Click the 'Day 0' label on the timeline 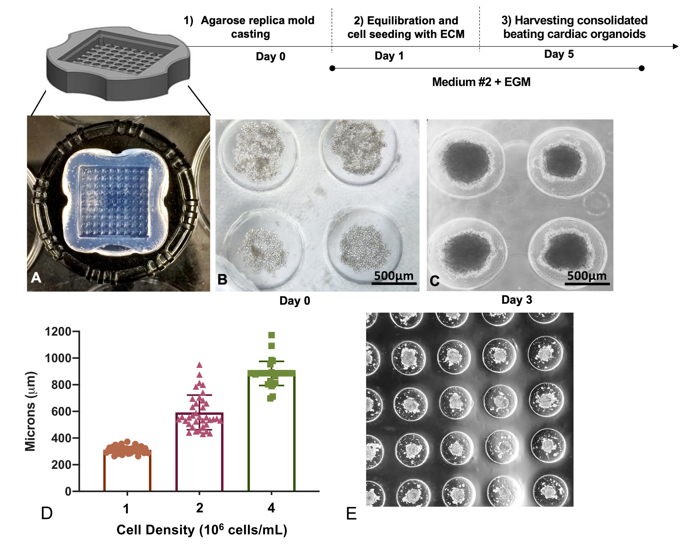[x=270, y=56]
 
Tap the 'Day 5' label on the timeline [x=559, y=54]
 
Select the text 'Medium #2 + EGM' [x=481, y=82]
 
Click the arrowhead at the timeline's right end [x=675, y=46]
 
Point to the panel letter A [x=36, y=278]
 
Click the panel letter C [x=434, y=281]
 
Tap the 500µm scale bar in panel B [x=394, y=283]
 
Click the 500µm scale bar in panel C [x=587, y=283]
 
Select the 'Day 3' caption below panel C [x=517, y=300]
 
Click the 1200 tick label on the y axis [x=58, y=332]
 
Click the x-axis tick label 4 [x=271, y=508]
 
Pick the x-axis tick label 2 [x=199, y=508]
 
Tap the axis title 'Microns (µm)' [x=30, y=411]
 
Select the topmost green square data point [x=271, y=335]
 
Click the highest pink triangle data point [x=199, y=365]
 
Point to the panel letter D [x=47, y=513]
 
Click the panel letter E [x=351, y=514]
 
